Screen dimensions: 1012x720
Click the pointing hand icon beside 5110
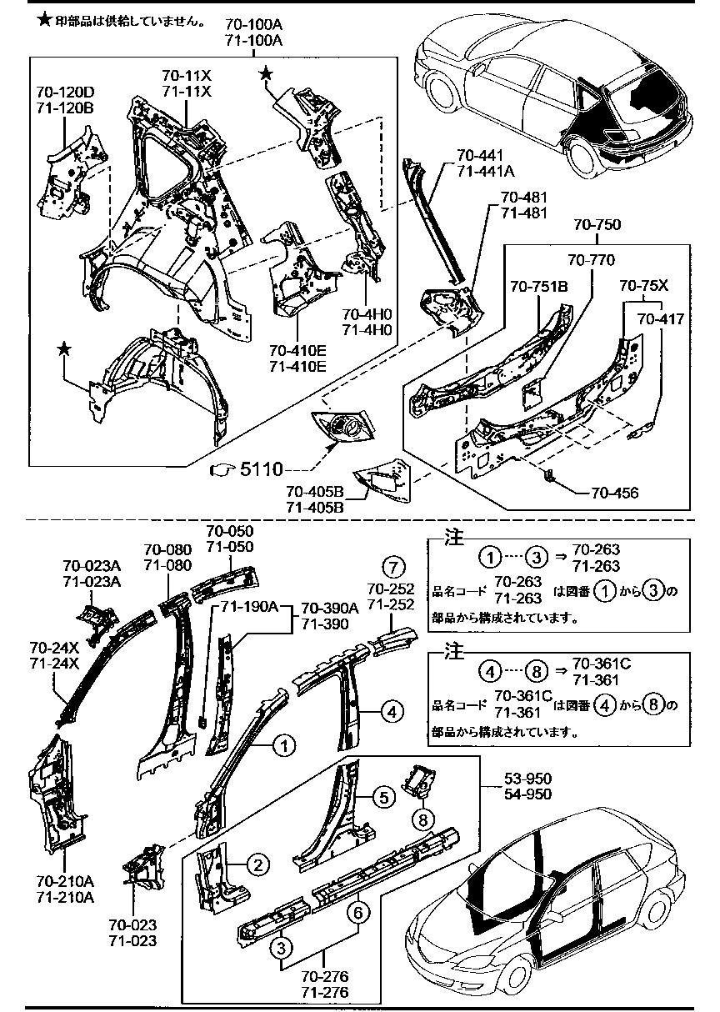(x=222, y=470)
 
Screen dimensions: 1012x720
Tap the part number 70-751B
(x=538, y=286)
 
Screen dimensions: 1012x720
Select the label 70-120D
(x=64, y=93)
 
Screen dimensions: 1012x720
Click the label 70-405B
(x=315, y=492)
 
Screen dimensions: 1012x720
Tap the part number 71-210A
(x=65, y=897)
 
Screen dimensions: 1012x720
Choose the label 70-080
(x=167, y=549)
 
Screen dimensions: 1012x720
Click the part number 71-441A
(x=485, y=170)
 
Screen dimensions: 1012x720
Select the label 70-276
(x=324, y=977)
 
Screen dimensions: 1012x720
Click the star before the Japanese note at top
(x=45, y=19)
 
